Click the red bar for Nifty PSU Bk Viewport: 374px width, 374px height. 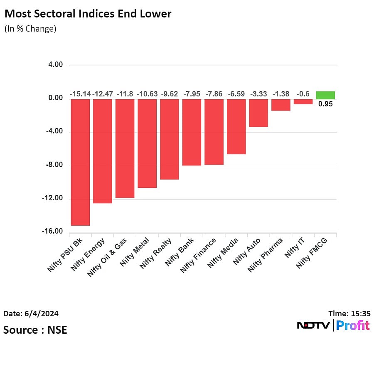tap(80, 162)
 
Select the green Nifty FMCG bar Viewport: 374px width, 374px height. tap(325, 95)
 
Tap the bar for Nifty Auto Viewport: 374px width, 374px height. tap(258, 113)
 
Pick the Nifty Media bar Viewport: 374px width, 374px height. tap(236, 126)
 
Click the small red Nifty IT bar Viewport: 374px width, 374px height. tap(303, 101)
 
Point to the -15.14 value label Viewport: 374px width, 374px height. tap(80, 94)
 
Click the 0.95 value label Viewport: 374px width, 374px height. tap(325, 104)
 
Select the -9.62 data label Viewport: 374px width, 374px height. tap(169, 94)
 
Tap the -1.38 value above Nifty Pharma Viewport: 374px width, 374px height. tap(281, 94)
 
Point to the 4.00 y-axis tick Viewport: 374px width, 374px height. tap(55, 65)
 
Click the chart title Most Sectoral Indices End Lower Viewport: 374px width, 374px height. tap(88, 14)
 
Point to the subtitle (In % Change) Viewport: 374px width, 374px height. tap(30, 29)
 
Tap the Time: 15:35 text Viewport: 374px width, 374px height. tap(349, 313)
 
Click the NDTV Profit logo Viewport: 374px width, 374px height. tap(333, 325)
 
